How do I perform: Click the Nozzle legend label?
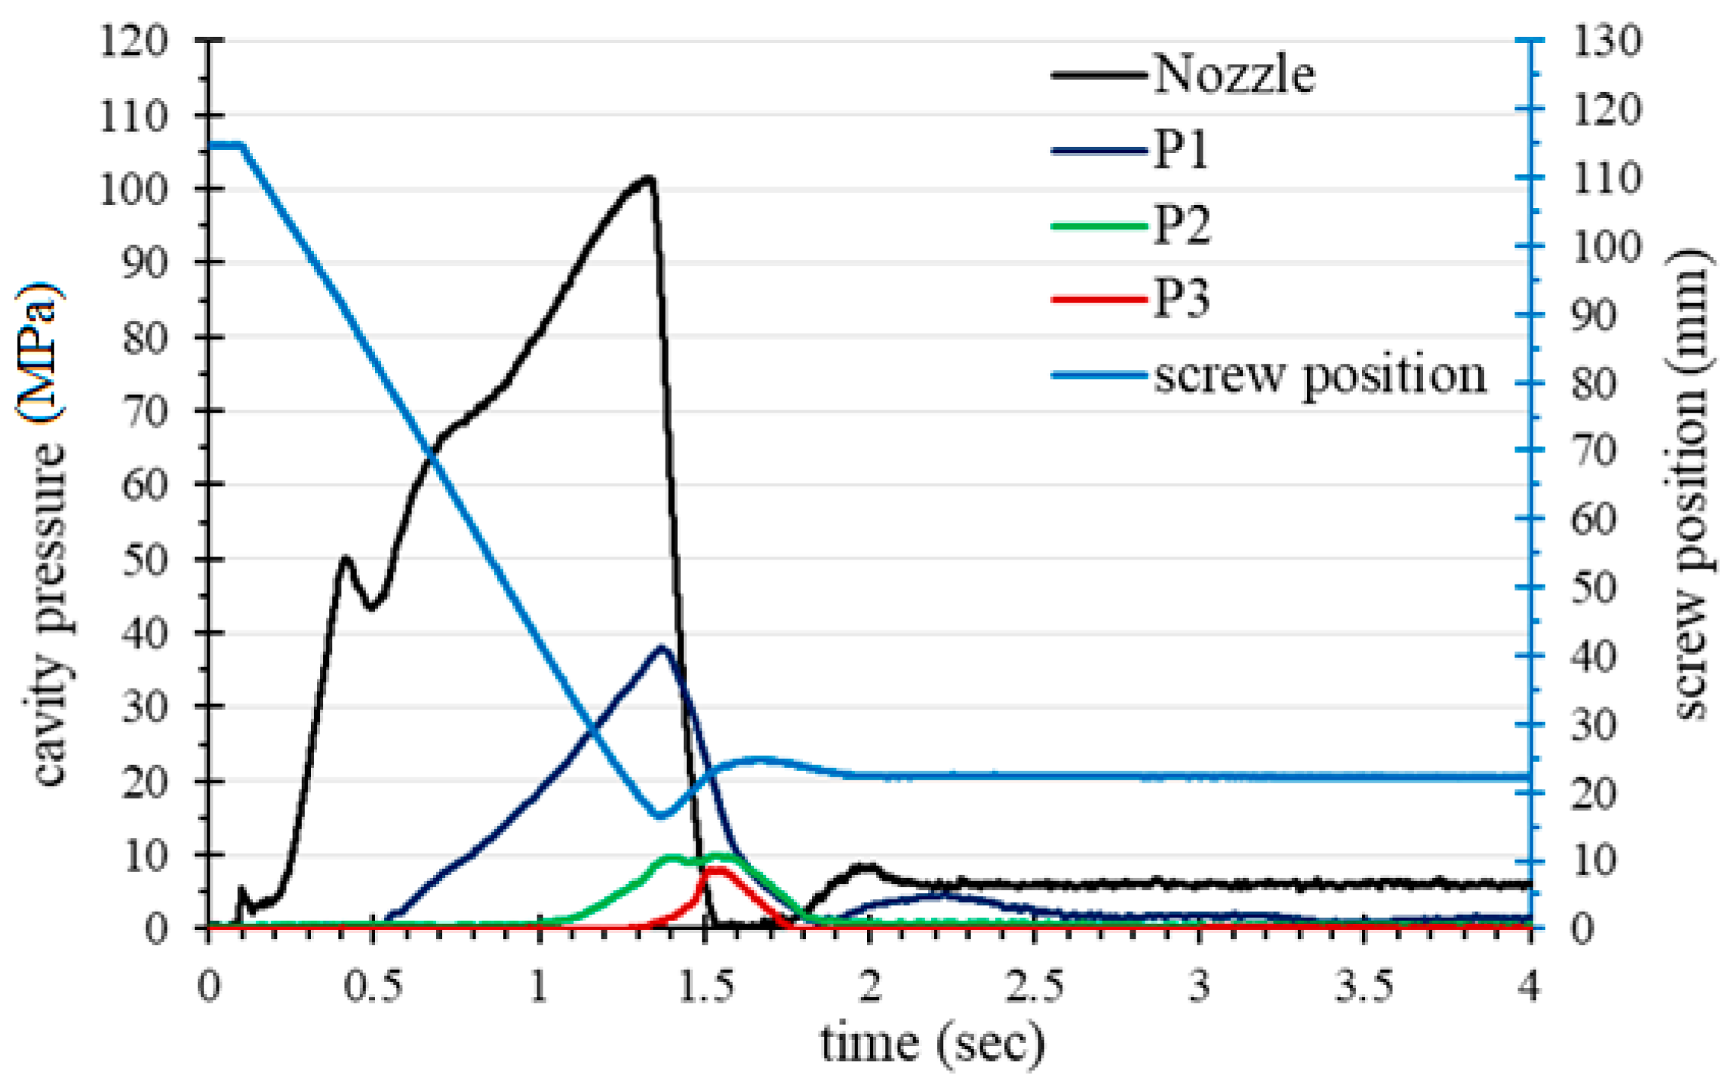tap(1234, 75)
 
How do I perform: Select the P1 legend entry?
tap(1181, 150)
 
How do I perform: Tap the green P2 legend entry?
tap(1182, 225)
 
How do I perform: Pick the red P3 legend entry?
tap(1181, 299)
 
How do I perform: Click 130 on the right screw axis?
tap(1606, 41)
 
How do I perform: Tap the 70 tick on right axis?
tap(1594, 451)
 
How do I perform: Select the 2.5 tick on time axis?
tap(1035, 986)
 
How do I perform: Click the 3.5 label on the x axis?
tap(1364, 986)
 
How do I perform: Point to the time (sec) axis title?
tap(933, 1045)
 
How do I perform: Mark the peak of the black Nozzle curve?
tap(648, 179)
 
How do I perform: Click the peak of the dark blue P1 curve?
tap(663, 647)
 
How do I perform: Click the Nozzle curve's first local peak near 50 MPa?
tap(345, 559)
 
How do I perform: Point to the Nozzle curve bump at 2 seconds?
tap(868, 867)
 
